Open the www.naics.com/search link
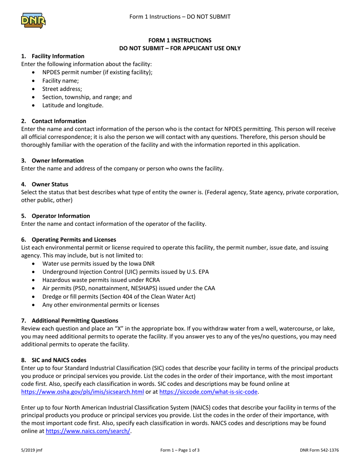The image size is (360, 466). click(x=88, y=431)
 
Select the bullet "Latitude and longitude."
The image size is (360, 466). click(x=72, y=105)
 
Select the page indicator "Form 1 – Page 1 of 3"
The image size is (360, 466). click(x=180, y=450)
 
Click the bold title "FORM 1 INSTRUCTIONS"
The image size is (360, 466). click(x=180, y=40)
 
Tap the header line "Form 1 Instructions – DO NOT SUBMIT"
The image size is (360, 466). click(x=180, y=17)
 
